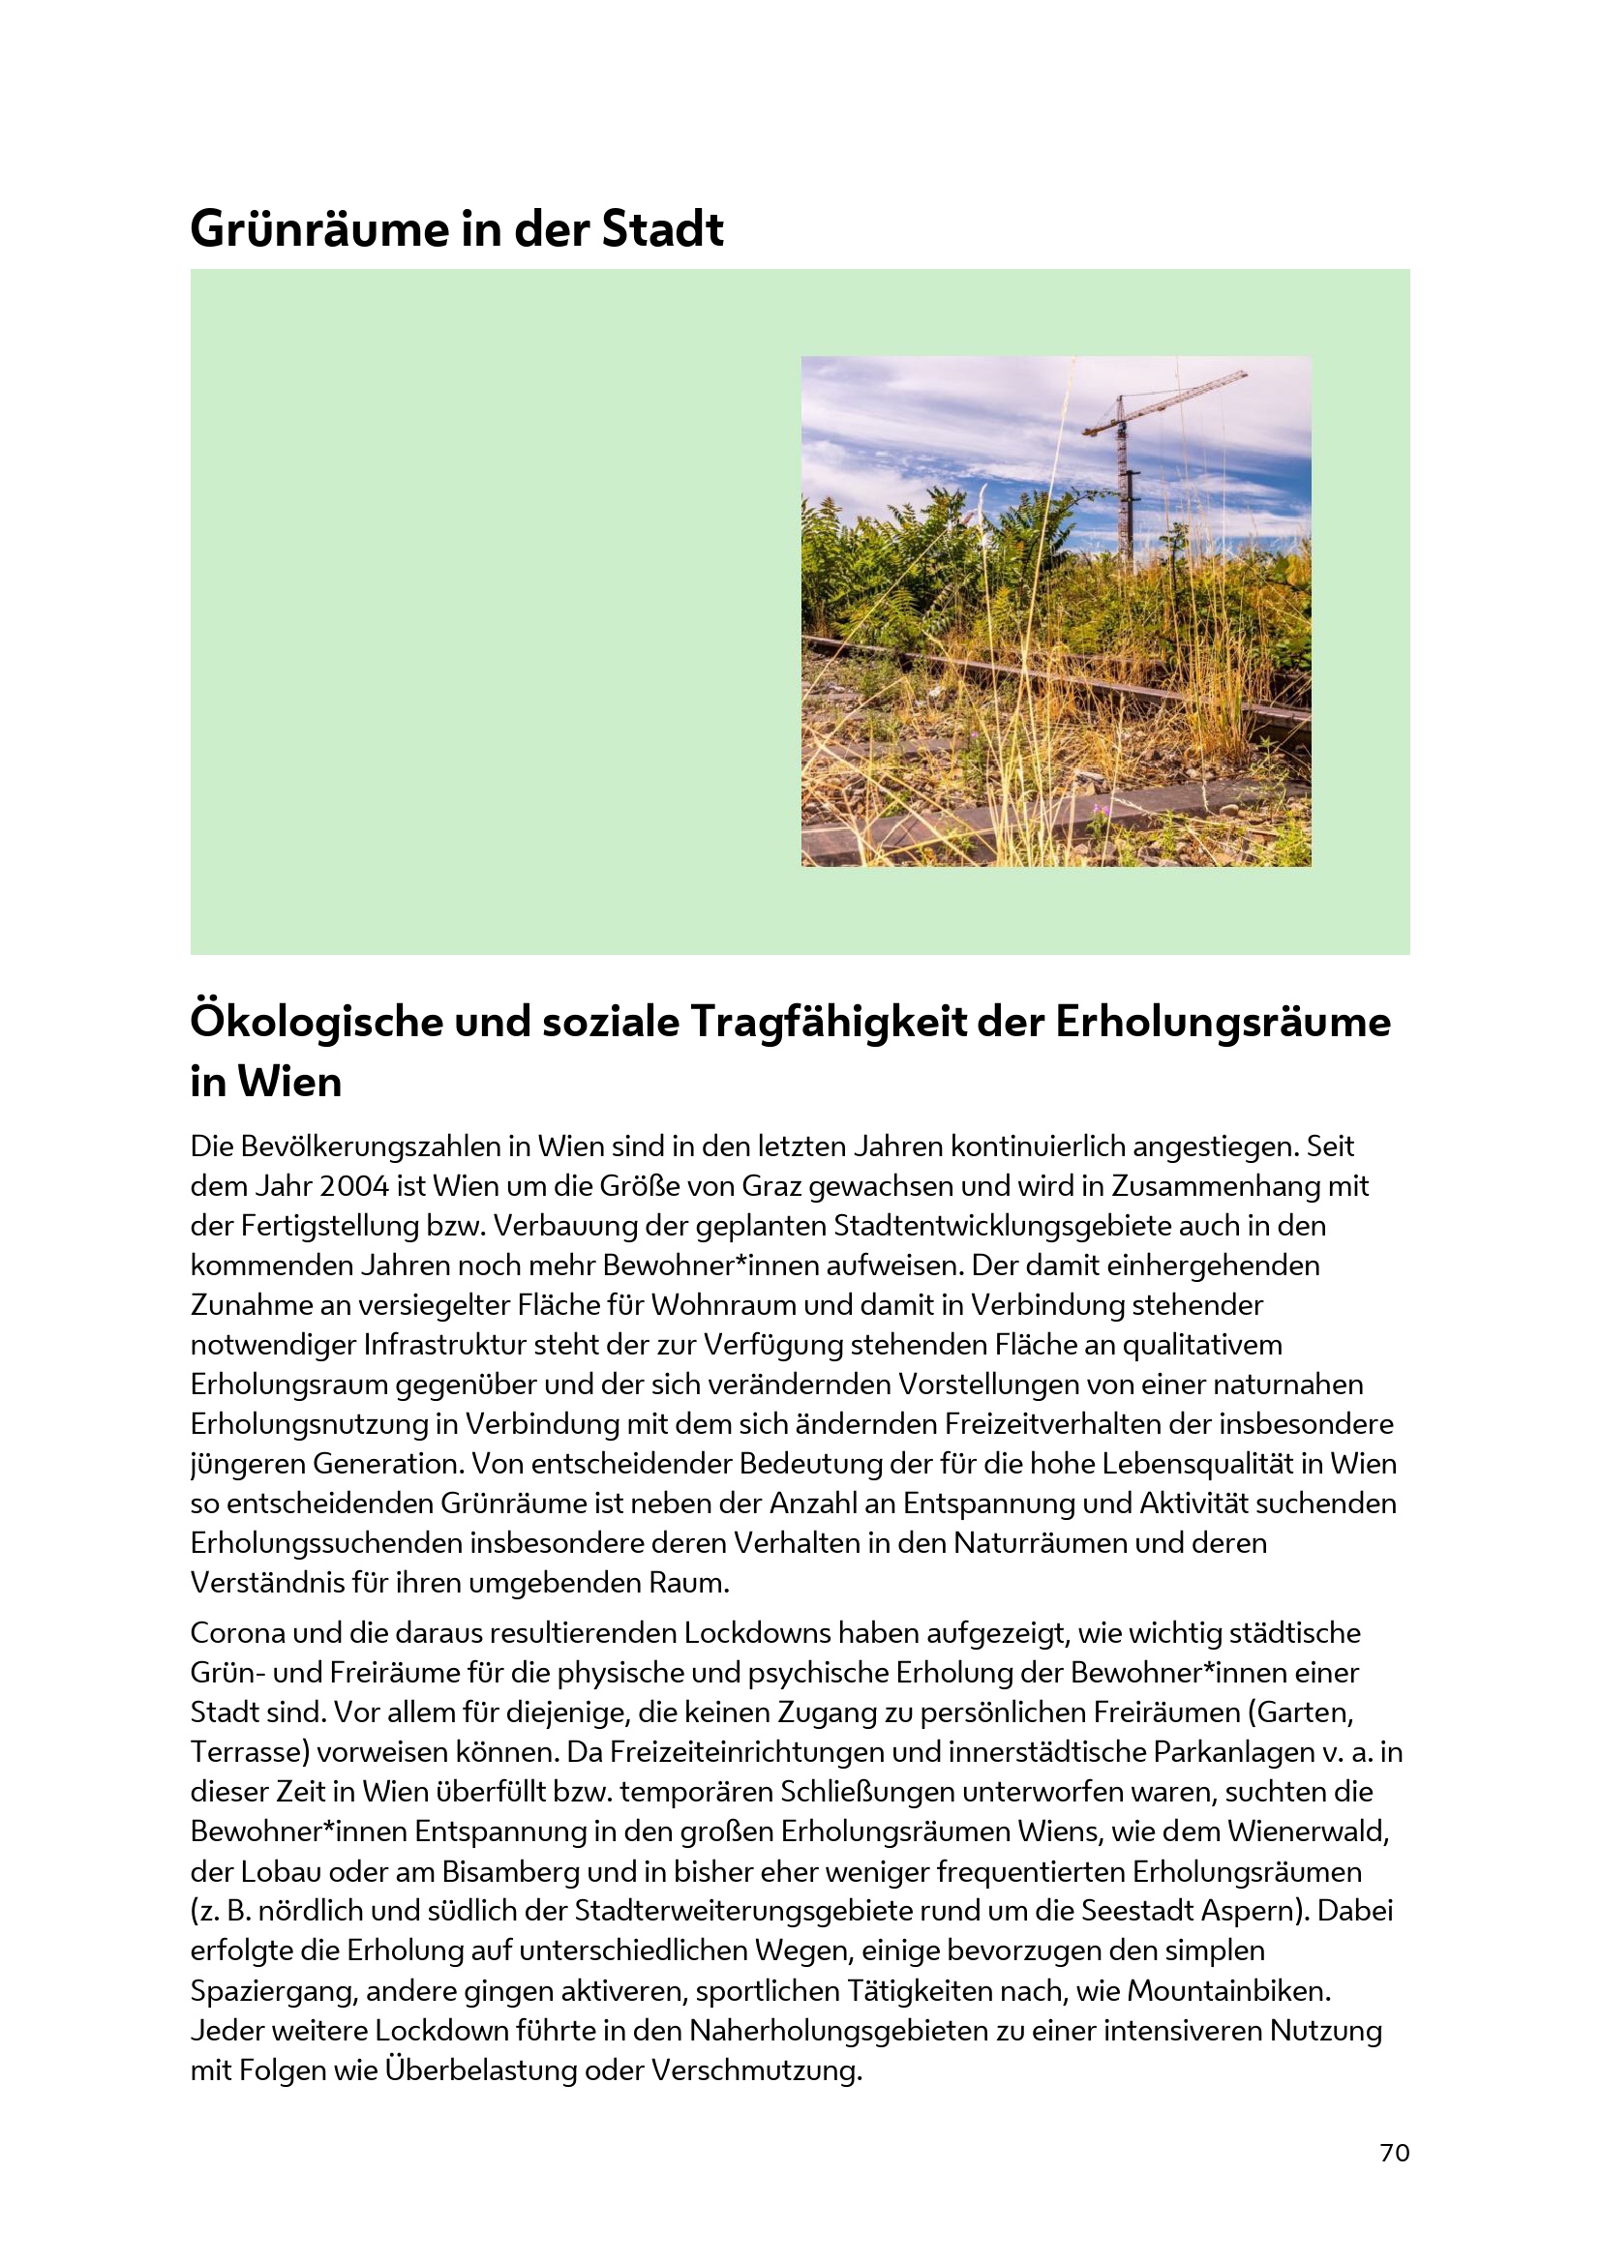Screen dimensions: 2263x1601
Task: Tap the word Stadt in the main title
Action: tap(662, 229)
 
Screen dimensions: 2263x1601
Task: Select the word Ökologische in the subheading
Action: tap(316, 1022)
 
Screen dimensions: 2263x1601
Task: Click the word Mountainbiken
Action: tap(1227, 1991)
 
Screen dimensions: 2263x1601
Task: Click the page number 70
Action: tap(1394, 2153)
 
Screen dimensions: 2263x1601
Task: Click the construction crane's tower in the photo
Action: tap(1123, 483)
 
